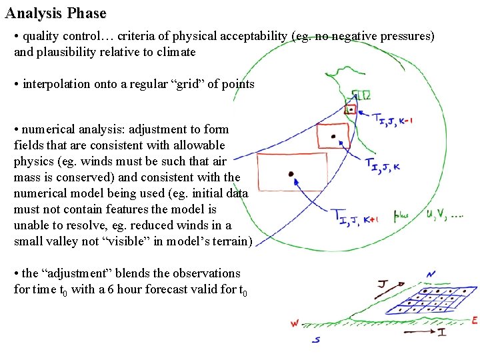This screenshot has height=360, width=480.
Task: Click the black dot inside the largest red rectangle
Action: coord(291,174)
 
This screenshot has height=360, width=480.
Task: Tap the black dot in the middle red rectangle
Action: coord(333,136)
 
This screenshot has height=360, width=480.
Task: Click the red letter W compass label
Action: coord(295,324)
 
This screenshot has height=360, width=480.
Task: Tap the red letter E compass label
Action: coord(474,321)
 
